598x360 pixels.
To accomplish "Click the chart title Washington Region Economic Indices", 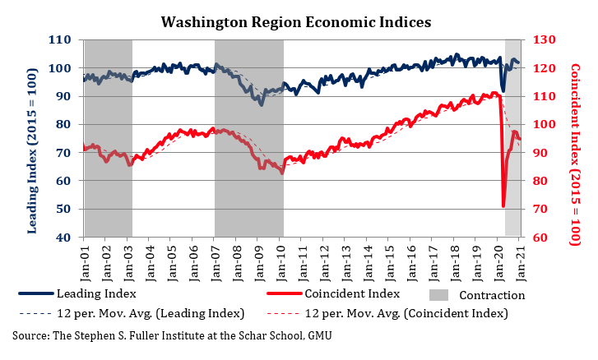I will (295, 22).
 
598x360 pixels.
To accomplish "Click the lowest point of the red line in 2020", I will (503, 206).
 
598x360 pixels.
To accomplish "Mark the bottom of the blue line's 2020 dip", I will (503, 90).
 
